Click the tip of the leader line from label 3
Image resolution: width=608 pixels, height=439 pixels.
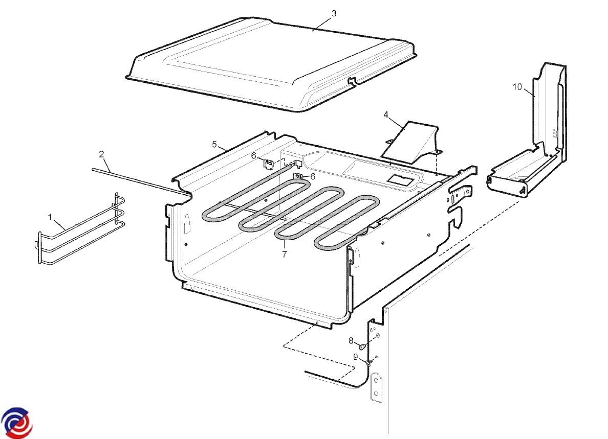pyautogui.click(x=313, y=30)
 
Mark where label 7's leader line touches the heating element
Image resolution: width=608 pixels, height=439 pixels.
pyautogui.click(x=284, y=239)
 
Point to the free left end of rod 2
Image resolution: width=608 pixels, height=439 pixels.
pyautogui.click(x=93, y=169)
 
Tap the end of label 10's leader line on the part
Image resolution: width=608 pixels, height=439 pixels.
pyautogui.click(x=535, y=96)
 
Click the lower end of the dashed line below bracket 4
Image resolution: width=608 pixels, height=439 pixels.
pyautogui.click(x=437, y=174)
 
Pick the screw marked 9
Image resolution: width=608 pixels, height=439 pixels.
pyautogui.click(x=369, y=363)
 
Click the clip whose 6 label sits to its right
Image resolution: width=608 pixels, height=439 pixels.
pyautogui.click(x=299, y=176)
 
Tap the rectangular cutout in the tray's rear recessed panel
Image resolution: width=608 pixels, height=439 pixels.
pyautogui.click(x=400, y=180)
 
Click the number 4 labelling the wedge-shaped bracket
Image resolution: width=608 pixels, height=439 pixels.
pyautogui.click(x=386, y=114)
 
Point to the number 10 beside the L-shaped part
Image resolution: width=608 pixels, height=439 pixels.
pyautogui.click(x=517, y=87)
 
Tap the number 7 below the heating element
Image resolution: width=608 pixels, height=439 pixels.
pyautogui.click(x=285, y=255)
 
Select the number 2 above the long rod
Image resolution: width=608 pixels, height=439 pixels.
pyautogui.click(x=102, y=154)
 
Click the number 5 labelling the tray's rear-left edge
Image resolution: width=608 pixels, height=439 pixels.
pyautogui.click(x=214, y=145)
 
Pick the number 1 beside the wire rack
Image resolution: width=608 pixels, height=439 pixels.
pyautogui.click(x=50, y=217)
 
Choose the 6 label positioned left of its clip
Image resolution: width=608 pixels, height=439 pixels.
pyautogui.click(x=254, y=156)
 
